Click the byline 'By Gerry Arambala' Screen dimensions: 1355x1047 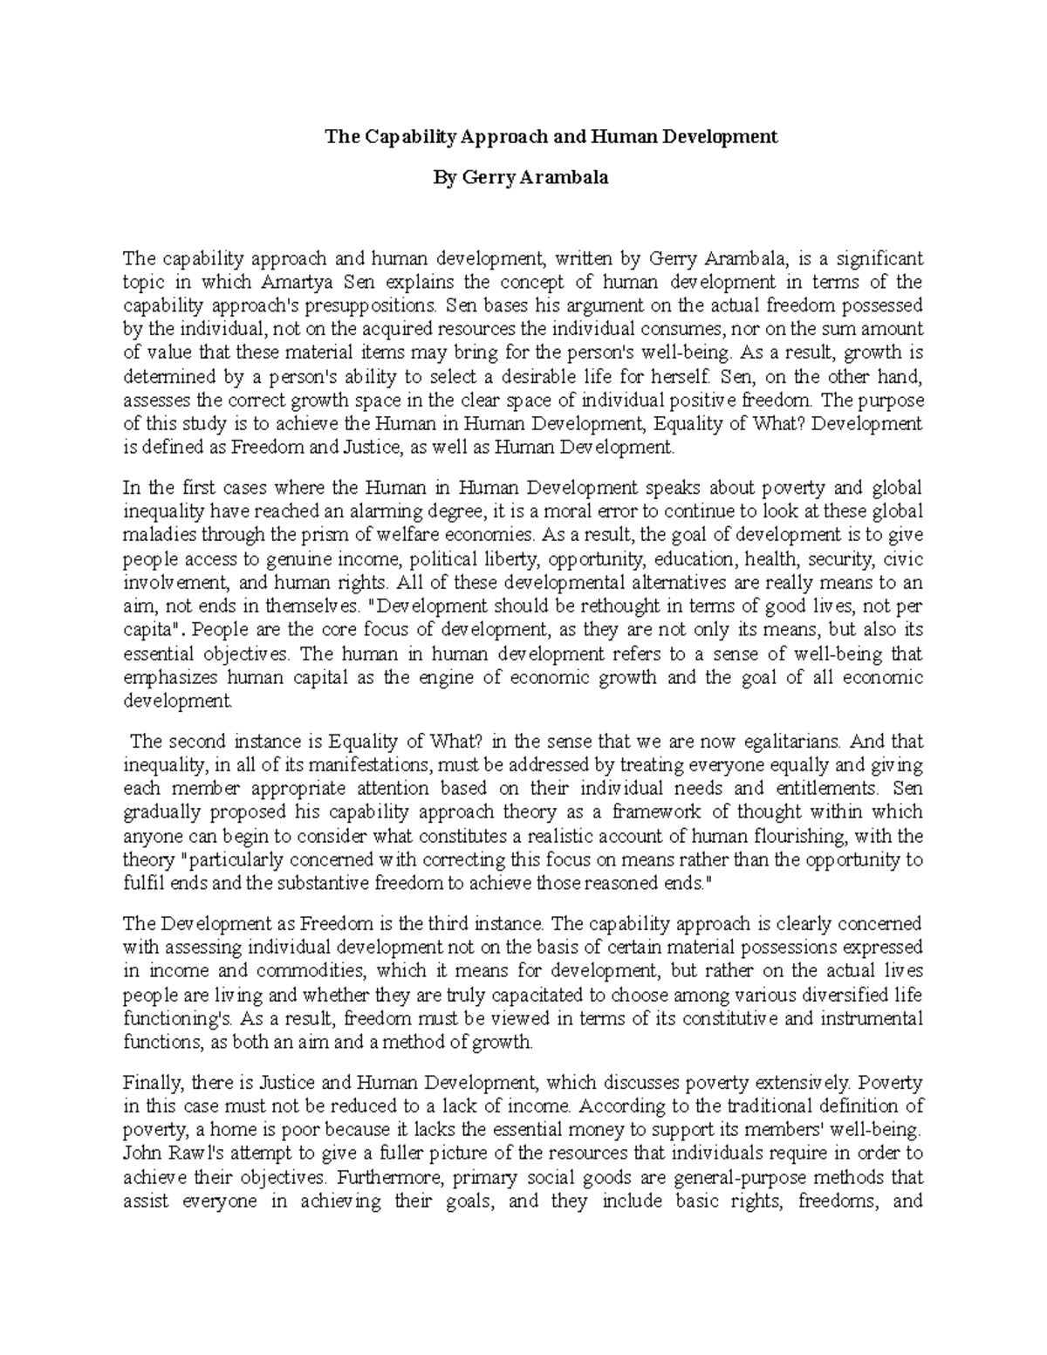[521, 178]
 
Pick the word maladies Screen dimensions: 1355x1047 [156, 534]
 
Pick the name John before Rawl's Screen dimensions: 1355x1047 [140, 1153]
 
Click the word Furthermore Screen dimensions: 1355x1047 [388, 1177]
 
